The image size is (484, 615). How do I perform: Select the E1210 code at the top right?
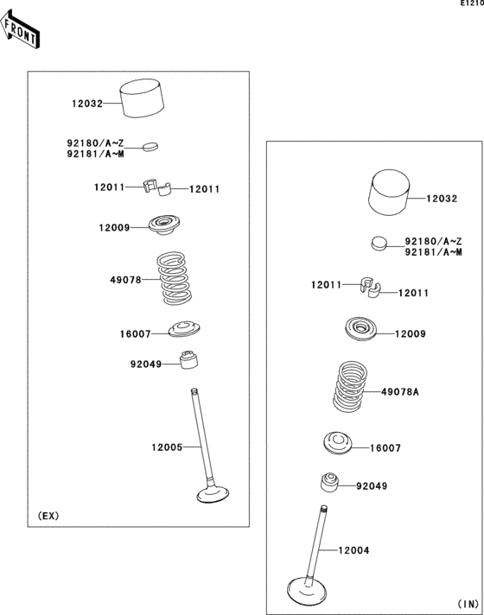pyautogui.click(x=470, y=4)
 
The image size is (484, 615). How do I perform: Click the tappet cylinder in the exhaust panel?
pyautogui.click(x=143, y=99)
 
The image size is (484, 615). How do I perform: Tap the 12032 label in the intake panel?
pyautogui.click(x=441, y=198)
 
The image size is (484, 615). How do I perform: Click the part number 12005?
pyautogui.click(x=166, y=447)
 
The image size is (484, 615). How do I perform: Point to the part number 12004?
pyautogui.click(x=353, y=549)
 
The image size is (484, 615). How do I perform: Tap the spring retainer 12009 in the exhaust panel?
pyautogui.click(x=163, y=226)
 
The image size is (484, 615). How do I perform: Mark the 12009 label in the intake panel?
pyautogui.click(x=411, y=333)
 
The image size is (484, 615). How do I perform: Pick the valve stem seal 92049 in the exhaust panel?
pyautogui.click(x=190, y=358)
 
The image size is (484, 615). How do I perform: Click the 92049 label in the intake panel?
pyautogui.click(x=372, y=486)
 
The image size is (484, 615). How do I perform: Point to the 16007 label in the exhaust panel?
pyautogui.click(x=135, y=333)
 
